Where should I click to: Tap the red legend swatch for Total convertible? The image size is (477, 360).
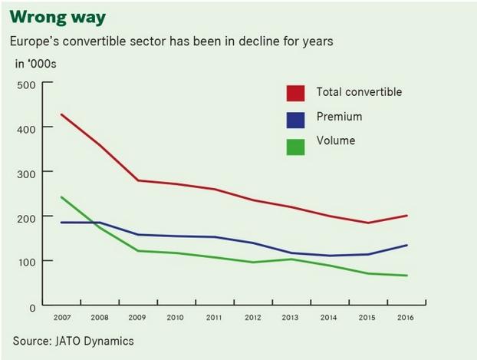coord(295,93)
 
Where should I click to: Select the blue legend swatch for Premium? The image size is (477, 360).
coord(295,119)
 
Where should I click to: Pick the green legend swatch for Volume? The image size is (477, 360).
coord(295,144)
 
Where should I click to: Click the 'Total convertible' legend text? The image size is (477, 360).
coord(359,92)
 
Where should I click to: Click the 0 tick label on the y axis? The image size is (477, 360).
coord(31,307)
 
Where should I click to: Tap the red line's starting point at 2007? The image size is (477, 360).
coord(61,114)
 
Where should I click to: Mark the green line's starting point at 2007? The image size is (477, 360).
coord(61,197)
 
